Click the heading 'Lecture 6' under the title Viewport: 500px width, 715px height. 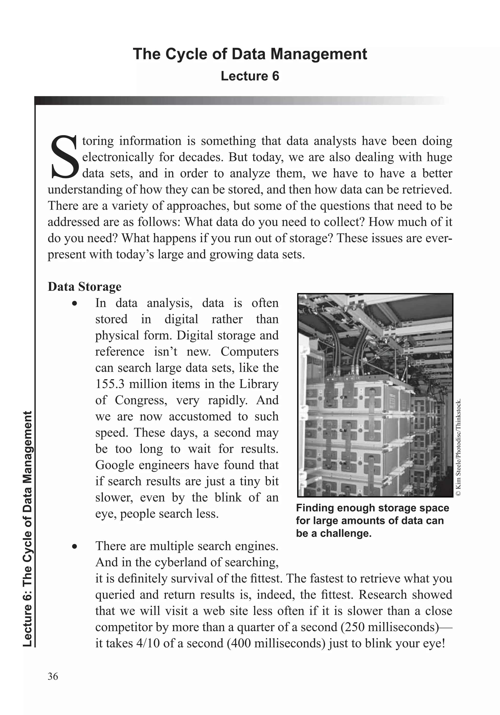pos(250,76)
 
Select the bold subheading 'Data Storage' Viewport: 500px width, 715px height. pos(84,286)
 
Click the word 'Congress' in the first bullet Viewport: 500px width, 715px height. pos(141,400)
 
